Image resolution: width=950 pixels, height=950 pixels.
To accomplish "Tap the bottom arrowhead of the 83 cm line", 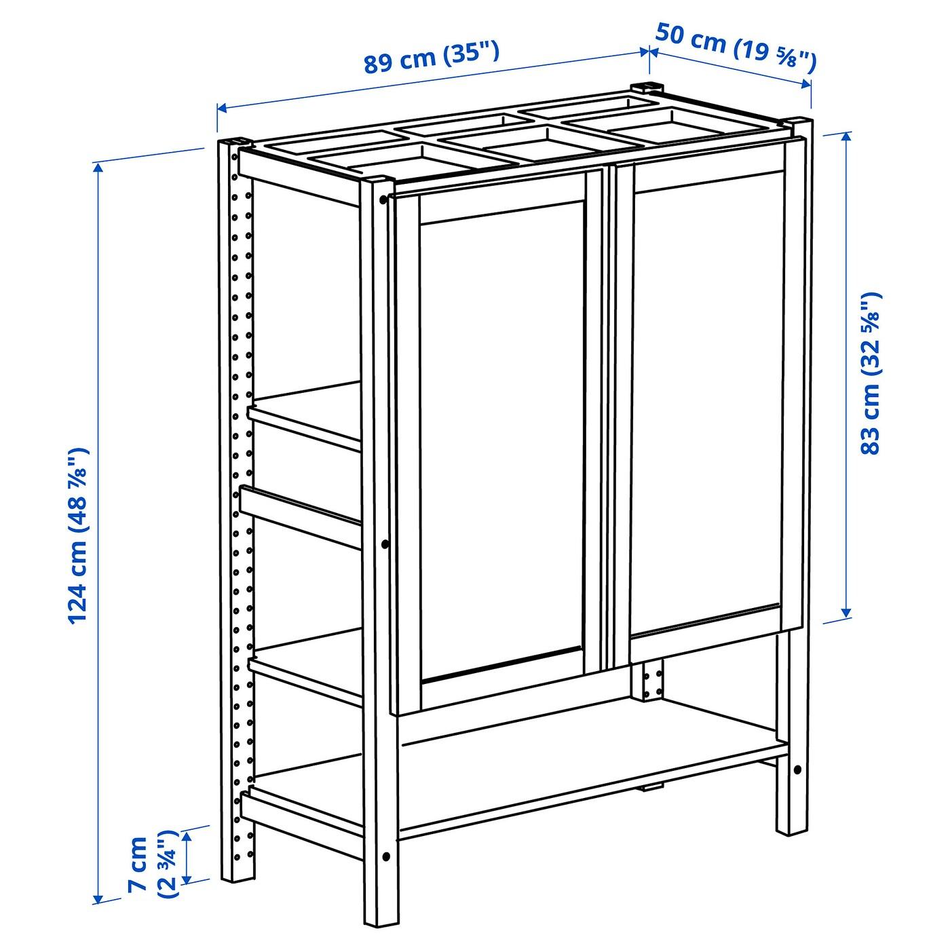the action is coord(846,611).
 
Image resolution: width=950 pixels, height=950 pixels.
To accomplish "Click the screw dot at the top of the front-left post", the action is coord(383,199).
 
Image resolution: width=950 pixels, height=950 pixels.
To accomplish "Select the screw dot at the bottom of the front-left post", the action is coord(386,856).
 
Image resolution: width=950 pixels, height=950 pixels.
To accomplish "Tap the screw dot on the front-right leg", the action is coord(798,769).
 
